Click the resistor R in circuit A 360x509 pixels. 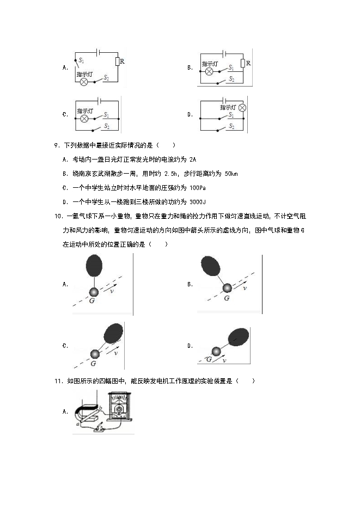tap(117, 62)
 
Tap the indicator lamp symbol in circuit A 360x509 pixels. tap(84, 82)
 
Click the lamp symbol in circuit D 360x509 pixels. tap(242, 108)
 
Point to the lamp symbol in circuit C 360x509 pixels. tap(84, 118)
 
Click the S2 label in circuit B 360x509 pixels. tap(231, 79)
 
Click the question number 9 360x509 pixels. tap(57, 145)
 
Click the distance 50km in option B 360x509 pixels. tap(231, 174)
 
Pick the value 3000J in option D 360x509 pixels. tap(198, 202)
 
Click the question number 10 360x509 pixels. tap(59, 216)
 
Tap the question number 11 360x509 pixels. tap(59, 381)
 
